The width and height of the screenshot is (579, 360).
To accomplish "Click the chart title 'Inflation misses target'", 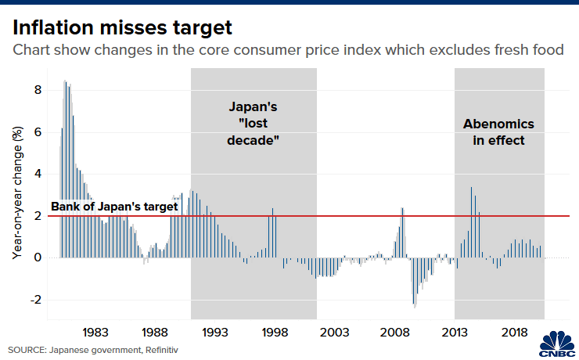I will tap(122, 29).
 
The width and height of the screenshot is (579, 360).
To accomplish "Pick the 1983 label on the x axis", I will tap(95, 332).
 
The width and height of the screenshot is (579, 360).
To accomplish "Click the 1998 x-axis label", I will tap(274, 332).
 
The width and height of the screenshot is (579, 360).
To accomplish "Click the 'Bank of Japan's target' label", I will tap(115, 207).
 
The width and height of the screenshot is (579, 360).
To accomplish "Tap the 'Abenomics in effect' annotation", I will tap(498, 132).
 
